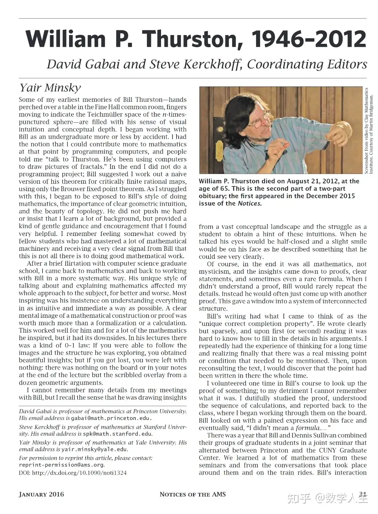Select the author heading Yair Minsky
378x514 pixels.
50,88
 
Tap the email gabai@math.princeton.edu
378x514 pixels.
111,418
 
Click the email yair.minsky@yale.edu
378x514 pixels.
95,449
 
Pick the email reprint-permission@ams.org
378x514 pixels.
61,464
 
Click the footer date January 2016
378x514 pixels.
41,494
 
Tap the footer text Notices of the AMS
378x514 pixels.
193,494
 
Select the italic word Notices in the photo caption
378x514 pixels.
249,203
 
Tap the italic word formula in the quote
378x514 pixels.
307,428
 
